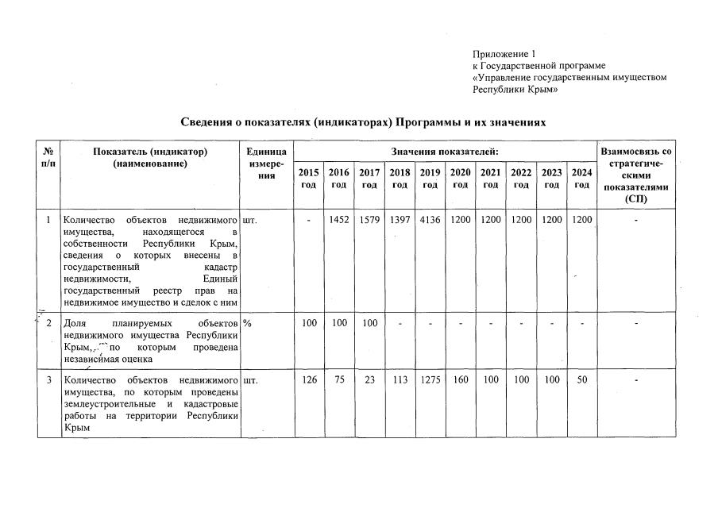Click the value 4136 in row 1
430,220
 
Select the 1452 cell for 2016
339,220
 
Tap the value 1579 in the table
369,220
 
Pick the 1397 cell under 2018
400,220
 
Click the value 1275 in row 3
430,379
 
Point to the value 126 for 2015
309,379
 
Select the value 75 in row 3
339,379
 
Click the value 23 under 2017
369,379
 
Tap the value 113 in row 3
400,379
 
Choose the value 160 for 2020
460,379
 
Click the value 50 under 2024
581,379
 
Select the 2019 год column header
430,179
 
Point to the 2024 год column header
581,179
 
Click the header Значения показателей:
445,152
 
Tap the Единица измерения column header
266,164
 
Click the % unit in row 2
247,323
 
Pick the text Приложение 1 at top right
504,54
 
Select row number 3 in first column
49,379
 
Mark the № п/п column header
49,157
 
